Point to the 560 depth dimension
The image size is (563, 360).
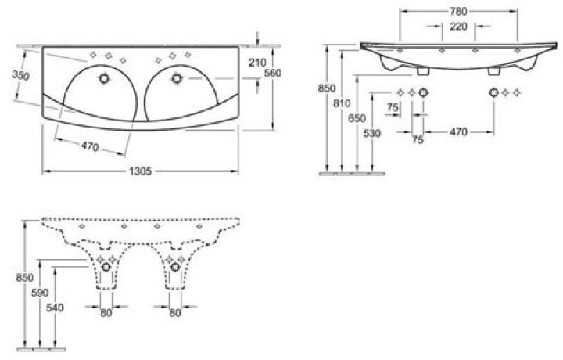(273, 73)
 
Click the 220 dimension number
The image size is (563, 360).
(458, 27)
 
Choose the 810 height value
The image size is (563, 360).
(341, 102)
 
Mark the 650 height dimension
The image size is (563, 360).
(357, 117)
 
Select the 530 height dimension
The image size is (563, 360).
(371, 135)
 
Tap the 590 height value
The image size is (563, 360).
(39, 292)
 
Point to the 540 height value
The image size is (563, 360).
(55, 308)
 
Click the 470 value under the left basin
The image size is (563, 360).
(89, 145)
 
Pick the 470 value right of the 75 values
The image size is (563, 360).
(458, 132)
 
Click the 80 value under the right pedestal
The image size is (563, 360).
(175, 313)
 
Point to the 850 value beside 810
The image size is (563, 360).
(326, 89)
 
